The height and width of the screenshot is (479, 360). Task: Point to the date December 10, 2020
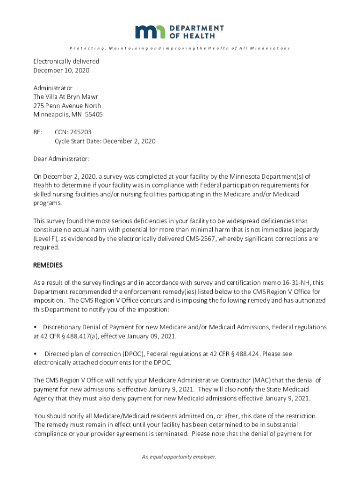pos(61,70)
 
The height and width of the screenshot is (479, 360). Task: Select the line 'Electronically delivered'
pos(66,61)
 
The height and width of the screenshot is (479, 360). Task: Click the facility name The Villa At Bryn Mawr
pos(65,97)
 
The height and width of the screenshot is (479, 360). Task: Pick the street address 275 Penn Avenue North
pos(67,106)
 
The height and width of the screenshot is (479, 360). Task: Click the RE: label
pos(38,132)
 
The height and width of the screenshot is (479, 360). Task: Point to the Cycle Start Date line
pos(105,141)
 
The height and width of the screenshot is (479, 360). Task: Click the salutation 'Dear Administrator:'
pos(61,159)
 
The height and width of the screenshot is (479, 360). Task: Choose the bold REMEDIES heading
pos(48,265)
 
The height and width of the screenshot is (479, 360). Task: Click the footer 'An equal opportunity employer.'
pos(180,457)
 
